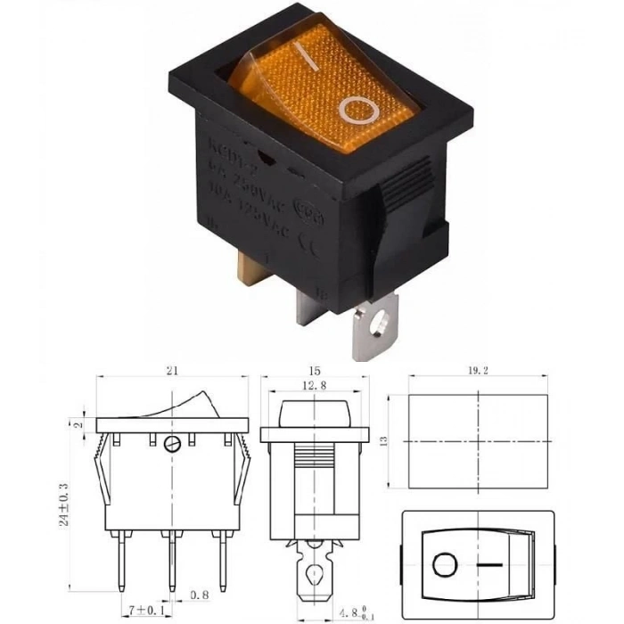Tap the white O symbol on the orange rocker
[359, 109]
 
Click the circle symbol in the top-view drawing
[442, 565]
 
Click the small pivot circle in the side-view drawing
[171, 443]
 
